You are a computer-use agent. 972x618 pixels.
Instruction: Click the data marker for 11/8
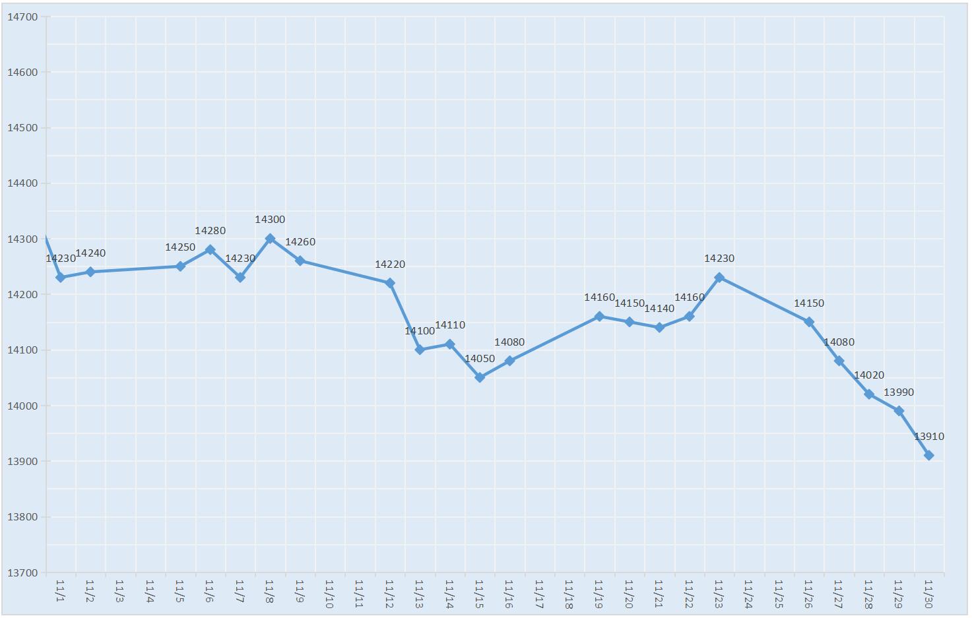click(x=270, y=239)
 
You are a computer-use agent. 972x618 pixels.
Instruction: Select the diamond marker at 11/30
click(x=928, y=455)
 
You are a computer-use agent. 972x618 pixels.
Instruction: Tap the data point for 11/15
click(x=480, y=377)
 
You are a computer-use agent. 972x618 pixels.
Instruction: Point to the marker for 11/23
click(x=719, y=278)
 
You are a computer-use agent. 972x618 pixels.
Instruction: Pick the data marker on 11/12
click(x=390, y=283)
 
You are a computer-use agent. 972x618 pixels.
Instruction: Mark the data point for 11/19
click(x=599, y=317)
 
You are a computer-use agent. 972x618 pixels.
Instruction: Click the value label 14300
click(x=270, y=220)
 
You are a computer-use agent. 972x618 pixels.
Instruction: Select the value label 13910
click(x=928, y=437)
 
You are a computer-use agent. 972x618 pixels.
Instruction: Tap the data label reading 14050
click(x=480, y=359)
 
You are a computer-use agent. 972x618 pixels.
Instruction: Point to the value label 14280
click(x=210, y=231)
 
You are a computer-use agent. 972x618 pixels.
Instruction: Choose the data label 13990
click(x=899, y=392)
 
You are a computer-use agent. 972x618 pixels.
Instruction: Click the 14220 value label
click(x=390, y=264)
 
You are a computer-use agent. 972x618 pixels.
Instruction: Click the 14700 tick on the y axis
click(x=22, y=17)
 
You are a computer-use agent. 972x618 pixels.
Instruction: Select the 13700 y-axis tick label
click(x=22, y=572)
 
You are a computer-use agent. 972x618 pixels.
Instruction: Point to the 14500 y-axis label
click(x=22, y=128)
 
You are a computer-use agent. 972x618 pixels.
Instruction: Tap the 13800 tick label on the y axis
click(x=22, y=517)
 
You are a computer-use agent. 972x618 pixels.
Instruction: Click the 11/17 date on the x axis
click(x=539, y=594)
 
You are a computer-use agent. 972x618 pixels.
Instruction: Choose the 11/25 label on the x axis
click(x=779, y=594)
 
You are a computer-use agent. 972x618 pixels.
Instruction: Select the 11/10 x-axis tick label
click(x=329, y=594)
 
